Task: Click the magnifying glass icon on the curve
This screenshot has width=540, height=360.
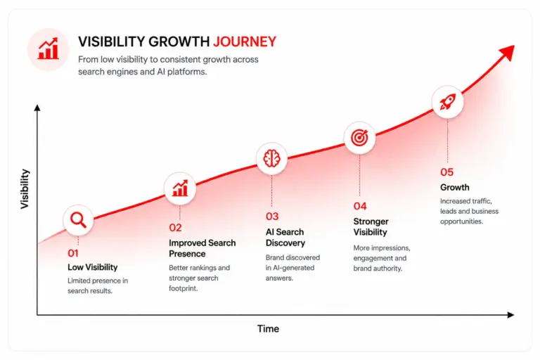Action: coord(78,220)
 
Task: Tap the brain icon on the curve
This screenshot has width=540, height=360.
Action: coord(271,158)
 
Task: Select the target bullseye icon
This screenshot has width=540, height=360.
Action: coord(359,137)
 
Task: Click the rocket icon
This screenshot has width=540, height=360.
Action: coord(447,102)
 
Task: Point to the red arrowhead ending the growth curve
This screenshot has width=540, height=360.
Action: coord(508,53)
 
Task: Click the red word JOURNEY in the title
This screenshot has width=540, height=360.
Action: coord(245,41)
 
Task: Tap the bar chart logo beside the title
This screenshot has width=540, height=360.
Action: coord(49,49)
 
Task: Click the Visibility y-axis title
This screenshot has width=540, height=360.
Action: coord(25,188)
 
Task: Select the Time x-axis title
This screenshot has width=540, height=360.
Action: coord(268,328)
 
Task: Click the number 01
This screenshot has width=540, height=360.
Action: coord(73,253)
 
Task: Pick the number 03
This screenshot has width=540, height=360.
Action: coord(272,217)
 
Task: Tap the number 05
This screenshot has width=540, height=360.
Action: coord(446,172)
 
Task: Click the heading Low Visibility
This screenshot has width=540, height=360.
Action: coord(92,267)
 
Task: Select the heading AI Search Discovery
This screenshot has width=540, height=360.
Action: coord(285,238)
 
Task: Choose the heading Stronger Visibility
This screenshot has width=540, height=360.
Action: coord(371,226)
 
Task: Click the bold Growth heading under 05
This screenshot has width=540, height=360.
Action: coord(455,188)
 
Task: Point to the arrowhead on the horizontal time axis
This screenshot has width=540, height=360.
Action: coord(510,315)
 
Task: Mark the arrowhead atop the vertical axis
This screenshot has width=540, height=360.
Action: coord(37,108)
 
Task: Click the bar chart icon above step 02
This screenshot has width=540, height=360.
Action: coord(180,188)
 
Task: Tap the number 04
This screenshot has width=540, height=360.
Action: coord(360,206)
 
